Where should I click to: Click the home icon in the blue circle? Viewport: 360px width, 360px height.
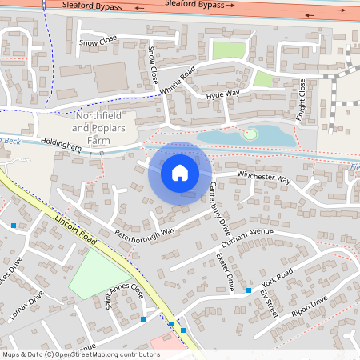pos(179,173)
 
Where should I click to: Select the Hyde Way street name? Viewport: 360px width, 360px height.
pos(223,94)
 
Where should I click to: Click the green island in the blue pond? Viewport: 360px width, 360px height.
pos(251,134)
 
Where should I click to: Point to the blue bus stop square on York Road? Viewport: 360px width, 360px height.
pos(249,290)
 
